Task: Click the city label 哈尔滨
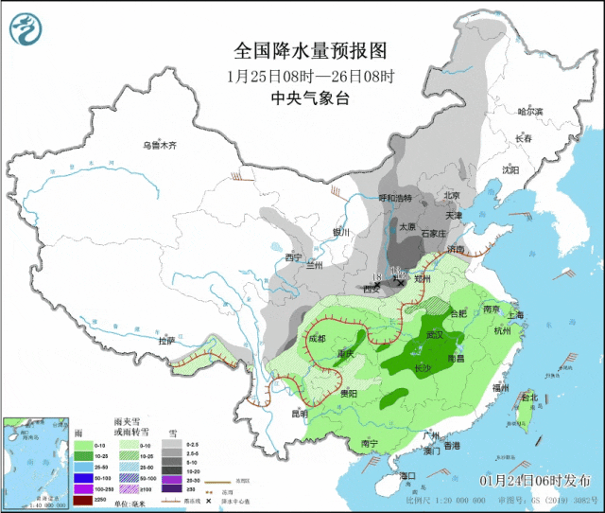click(530, 112)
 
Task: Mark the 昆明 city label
click(299, 413)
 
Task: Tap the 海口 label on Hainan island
click(407, 475)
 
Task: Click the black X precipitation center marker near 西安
click(401, 282)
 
